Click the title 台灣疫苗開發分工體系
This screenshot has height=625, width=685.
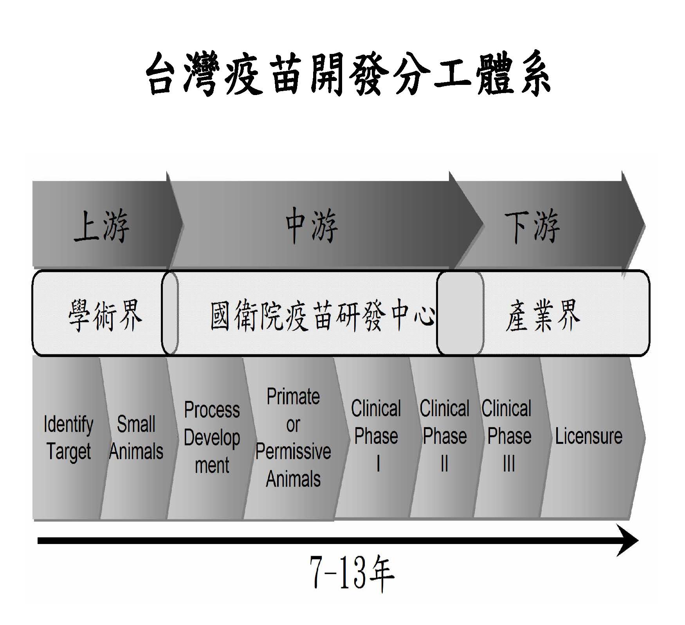pos(348,74)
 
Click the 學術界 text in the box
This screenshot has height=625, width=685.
pos(105,315)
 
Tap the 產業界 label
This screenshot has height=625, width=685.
pos(543,315)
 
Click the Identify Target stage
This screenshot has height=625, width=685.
pos(68,438)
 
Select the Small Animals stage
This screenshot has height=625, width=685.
pos(136,438)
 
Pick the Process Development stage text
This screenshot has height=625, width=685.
pos(212,437)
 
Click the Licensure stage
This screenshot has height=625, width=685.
pos(588,436)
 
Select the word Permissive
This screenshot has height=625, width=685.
pos(293,451)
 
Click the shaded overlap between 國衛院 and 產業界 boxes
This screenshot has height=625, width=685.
pos(460,313)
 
